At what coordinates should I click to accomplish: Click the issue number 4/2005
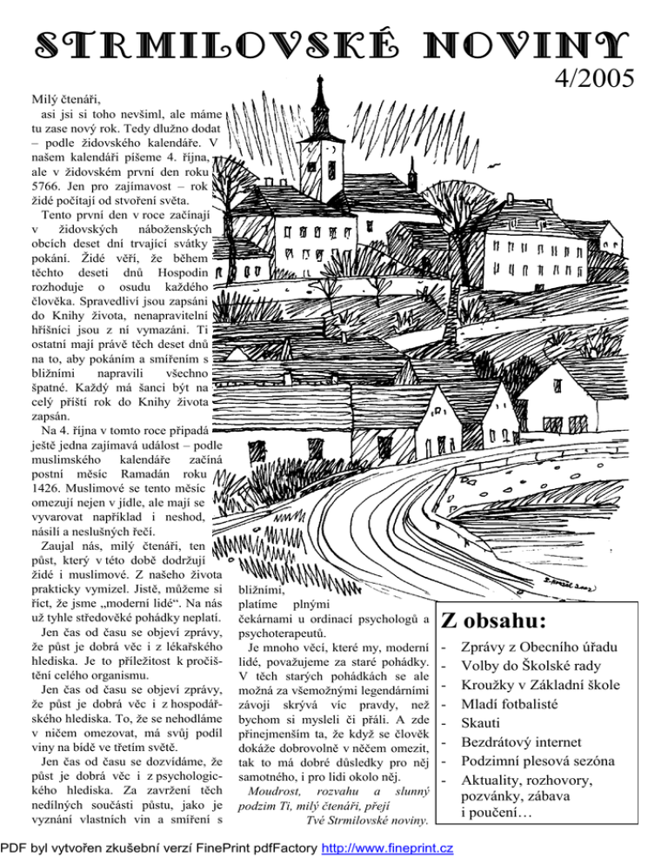pyautogui.click(x=590, y=80)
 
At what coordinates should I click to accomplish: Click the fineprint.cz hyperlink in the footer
pyautogui.click(x=387, y=848)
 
